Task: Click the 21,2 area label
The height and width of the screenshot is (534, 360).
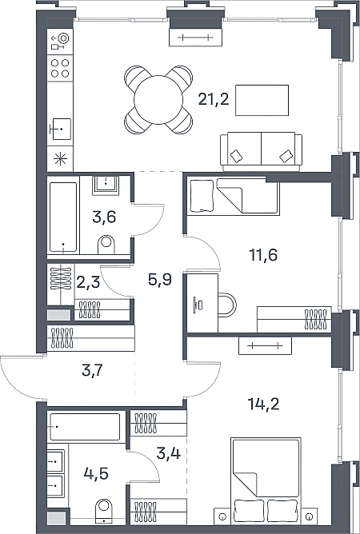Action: (214, 100)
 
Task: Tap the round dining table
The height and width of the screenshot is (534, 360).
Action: (158, 100)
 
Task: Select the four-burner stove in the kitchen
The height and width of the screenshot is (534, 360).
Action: (60, 68)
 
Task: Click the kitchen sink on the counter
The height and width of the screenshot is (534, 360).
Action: (60, 129)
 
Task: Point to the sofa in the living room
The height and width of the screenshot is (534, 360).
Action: (261, 152)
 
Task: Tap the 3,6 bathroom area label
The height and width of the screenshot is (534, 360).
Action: (104, 217)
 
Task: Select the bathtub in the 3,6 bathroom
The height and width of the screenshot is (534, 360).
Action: (63, 217)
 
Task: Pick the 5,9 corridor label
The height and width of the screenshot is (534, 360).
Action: (159, 281)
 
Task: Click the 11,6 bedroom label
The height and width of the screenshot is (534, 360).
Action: (263, 255)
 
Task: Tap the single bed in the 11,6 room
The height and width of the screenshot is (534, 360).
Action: (233, 197)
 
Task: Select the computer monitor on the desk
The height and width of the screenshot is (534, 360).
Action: (195, 304)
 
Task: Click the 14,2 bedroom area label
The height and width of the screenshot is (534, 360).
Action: (263, 404)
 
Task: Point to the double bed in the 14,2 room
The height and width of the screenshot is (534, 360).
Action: (266, 480)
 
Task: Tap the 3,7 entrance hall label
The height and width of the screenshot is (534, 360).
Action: (92, 370)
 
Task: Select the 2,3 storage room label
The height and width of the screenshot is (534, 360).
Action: (88, 282)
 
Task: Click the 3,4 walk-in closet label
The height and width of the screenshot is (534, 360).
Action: (169, 453)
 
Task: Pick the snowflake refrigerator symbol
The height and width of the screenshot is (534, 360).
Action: (60, 159)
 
